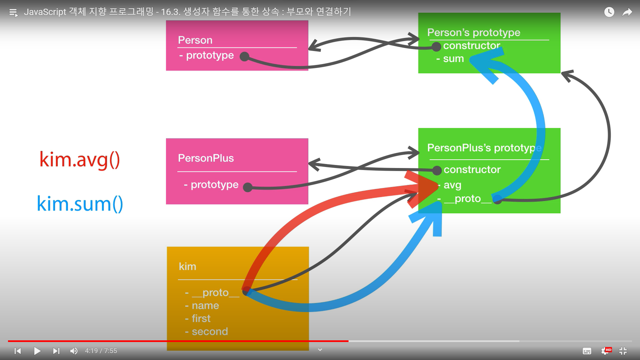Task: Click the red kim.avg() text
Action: pyautogui.click(x=80, y=160)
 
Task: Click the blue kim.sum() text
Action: pyautogui.click(x=80, y=204)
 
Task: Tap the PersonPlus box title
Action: pyautogui.click(x=206, y=158)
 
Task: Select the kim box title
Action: pyautogui.click(x=187, y=266)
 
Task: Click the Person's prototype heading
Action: pyautogui.click(x=473, y=33)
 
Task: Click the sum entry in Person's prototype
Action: pyautogui.click(x=453, y=59)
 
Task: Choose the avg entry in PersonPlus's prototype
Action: pyautogui.click(x=452, y=185)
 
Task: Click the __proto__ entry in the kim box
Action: pyautogui.click(x=215, y=293)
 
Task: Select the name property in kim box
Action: pyautogui.click(x=205, y=306)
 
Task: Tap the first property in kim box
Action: pyautogui.click(x=201, y=319)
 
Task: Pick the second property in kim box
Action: pyautogui.click(x=210, y=332)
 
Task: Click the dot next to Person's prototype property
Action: pyautogui.click(x=245, y=57)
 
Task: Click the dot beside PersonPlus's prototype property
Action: pyautogui.click(x=248, y=187)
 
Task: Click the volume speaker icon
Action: pyautogui.click(x=74, y=351)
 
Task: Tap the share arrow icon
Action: pyautogui.click(x=627, y=12)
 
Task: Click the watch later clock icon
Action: pyautogui.click(x=609, y=12)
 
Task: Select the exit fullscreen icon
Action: pyautogui.click(x=623, y=351)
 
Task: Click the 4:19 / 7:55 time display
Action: pyautogui.click(x=101, y=351)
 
